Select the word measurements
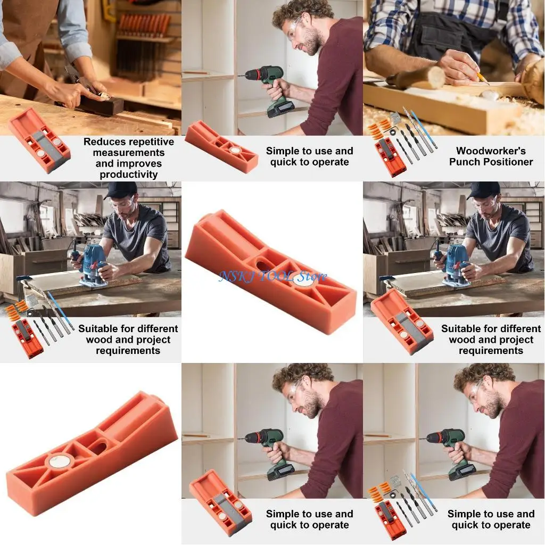128,153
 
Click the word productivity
128,175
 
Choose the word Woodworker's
491,151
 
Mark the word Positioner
507,162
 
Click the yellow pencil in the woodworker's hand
482,78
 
